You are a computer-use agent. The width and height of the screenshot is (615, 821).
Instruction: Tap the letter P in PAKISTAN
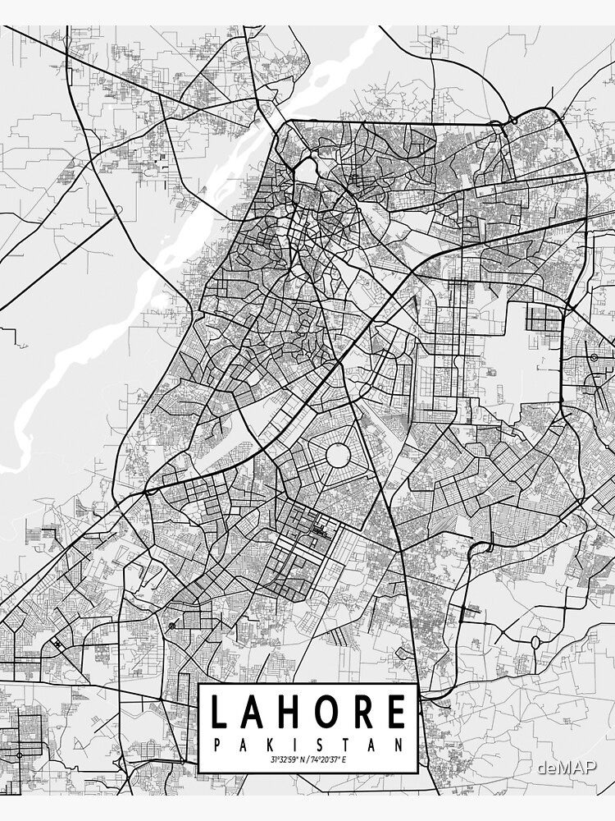coord(216,745)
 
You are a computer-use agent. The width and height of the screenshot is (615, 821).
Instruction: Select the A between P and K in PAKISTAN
coord(242,745)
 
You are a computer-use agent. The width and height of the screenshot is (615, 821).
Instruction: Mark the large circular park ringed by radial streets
coord(338,454)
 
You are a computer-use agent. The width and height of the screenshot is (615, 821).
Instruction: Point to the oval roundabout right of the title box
coord(535,641)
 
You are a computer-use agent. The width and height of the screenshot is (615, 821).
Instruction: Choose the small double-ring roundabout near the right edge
coord(593,358)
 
